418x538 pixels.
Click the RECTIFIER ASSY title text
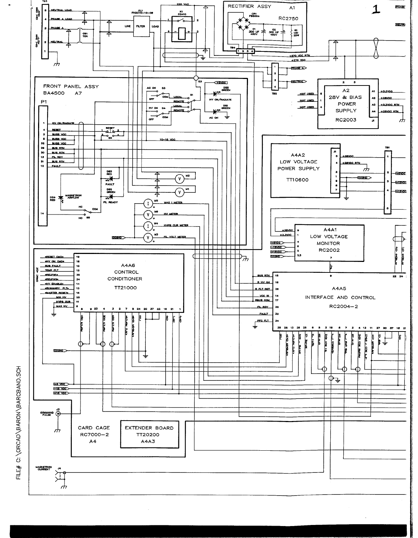click(x=249, y=7)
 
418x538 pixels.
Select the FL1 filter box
click(x=140, y=26)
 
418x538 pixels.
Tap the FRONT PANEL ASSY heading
click(x=71, y=87)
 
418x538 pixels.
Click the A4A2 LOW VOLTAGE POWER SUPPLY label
click(x=298, y=162)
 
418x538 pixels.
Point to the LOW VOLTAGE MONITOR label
click(x=328, y=240)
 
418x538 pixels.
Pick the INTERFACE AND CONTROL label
click(x=340, y=297)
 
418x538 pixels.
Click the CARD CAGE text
click(x=94, y=428)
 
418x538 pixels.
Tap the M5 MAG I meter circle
click(x=148, y=203)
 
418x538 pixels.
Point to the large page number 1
click(x=376, y=10)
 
